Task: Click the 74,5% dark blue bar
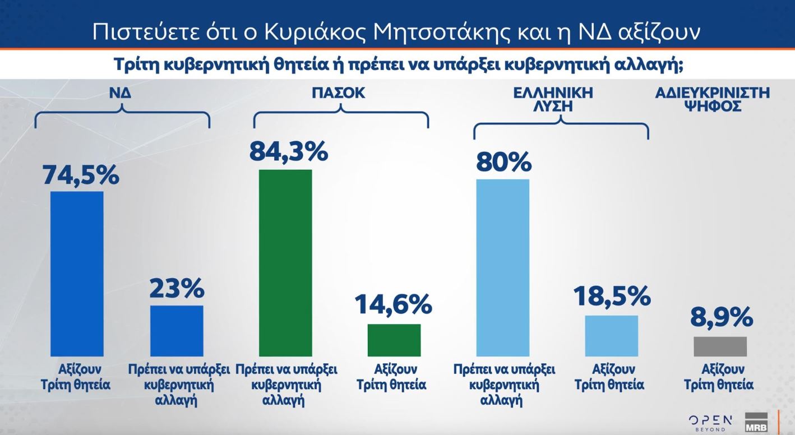[x=77, y=274]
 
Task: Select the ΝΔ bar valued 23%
[x=177, y=331]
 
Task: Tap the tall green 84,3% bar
[x=285, y=262]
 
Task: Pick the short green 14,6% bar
[x=394, y=340]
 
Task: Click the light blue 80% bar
[x=502, y=267]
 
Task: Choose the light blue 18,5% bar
[x=611, y=335]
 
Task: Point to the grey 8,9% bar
[x=720, y=346]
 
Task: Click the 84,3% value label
[x=288, y=151]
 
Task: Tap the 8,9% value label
[x=721, y=317]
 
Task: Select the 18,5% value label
[x=612, y=296]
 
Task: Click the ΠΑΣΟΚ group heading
[x=338, y=93]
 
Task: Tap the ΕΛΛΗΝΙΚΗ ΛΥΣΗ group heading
[x=552, y=99]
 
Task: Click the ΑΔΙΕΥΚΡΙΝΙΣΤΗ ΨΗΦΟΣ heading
[x=712, y=99]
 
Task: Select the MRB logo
[x=756, y=423]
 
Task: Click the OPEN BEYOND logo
[x=710, y=423]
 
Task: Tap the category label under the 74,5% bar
[x=76, y=377]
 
